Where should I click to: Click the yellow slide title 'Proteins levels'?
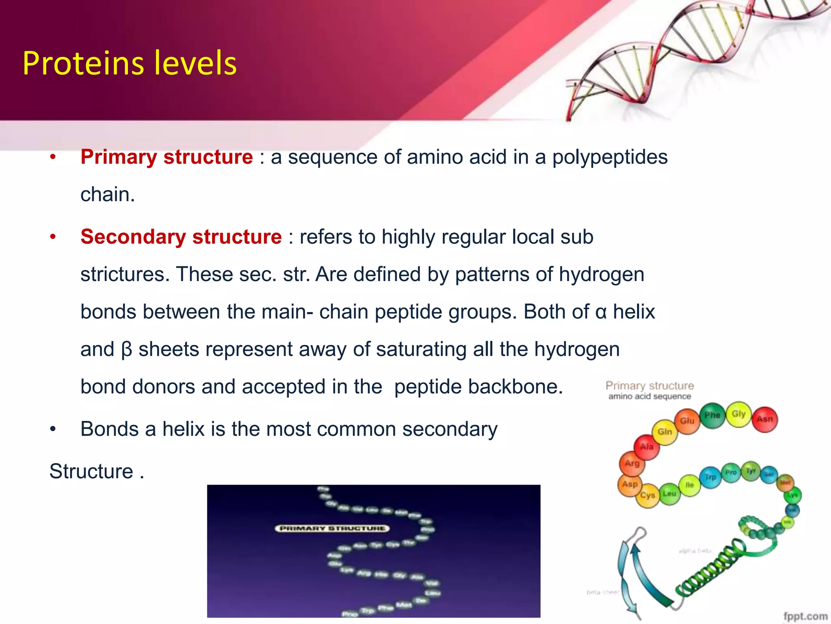point(129,63)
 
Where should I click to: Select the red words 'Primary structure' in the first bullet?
point(166,157)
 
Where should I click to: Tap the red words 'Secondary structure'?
point(181,236)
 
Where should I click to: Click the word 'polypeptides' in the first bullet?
point(609,157)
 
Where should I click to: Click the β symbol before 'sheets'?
point(127,349)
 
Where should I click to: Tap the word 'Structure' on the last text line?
point(91,471)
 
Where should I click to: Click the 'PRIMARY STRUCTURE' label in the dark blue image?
point(332,529)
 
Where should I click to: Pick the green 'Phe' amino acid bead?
point(712,415)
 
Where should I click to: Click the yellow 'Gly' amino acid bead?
point(738,414)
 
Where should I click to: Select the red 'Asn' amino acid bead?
point(765,419)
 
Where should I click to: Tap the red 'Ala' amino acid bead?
point(647,447)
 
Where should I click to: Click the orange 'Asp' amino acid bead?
point(630,484)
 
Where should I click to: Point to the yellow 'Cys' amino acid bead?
point(648,495)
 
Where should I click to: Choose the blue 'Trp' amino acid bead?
point(710,477)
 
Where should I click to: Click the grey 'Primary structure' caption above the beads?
point(650,386)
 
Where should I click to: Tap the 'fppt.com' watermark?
point(805,616)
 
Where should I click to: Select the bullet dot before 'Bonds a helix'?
point(53,429)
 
